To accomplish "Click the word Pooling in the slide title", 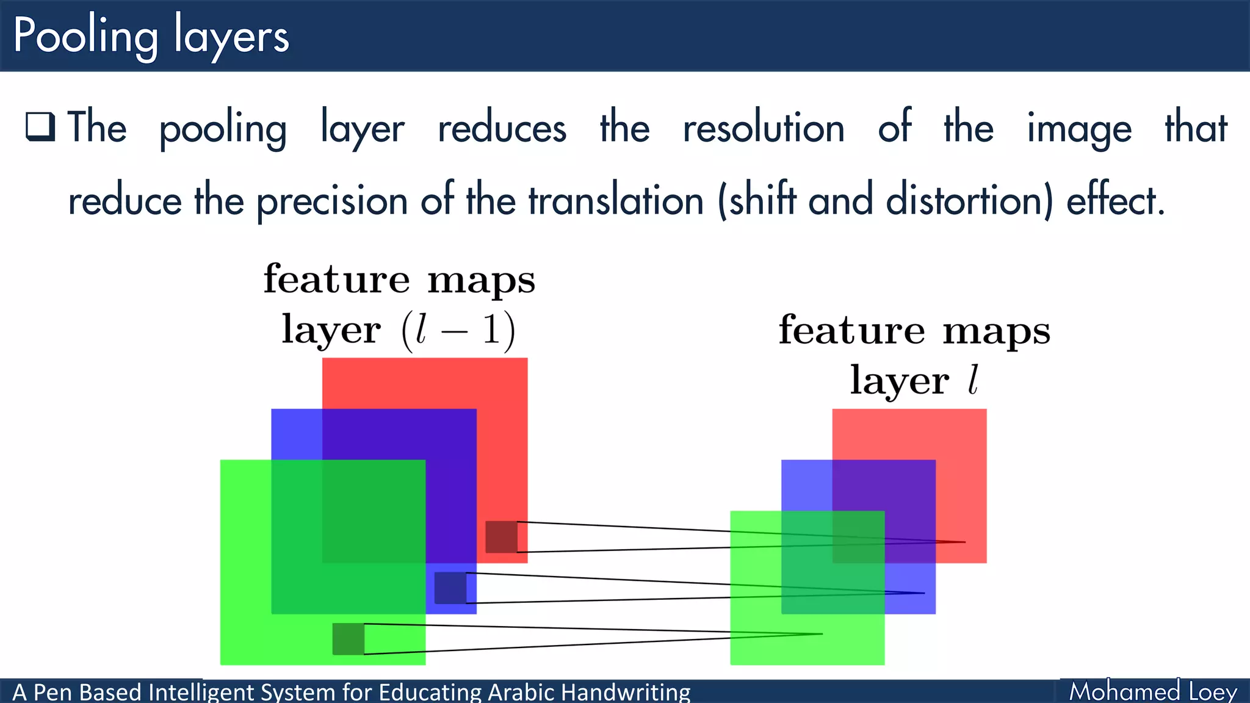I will click(x=85, y=37).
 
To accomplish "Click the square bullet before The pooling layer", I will click(x=40, y=127).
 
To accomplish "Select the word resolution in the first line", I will click(x=763, y=128).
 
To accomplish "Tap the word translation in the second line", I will click(x=616, y=200).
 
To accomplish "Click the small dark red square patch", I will click(x=501, y=537).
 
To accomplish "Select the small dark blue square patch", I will click(x=450, y=588).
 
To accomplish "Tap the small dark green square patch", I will click(x=348, y=639).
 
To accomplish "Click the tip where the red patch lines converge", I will click(x=964, y=542).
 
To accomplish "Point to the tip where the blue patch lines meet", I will click(x=923, y=593).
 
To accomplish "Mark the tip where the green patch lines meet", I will click(x=821, y=634).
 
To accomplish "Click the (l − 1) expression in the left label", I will click(x=458, y=331).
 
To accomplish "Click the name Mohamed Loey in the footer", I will click(x=1153, y=691).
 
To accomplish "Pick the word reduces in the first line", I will click(x=502, y=128).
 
